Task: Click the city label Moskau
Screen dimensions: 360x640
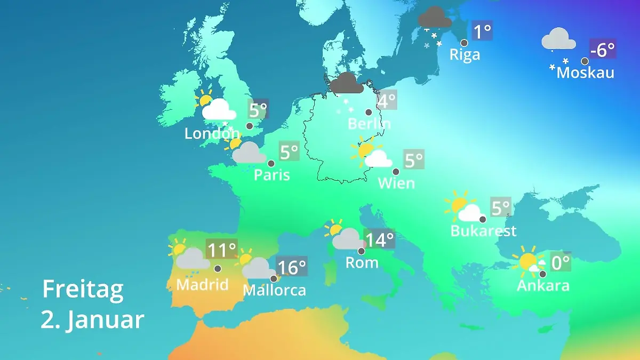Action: pyautogui.click(x=585, y=73)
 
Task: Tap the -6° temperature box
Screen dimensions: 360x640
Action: pyautogui.click(x=603, y=49)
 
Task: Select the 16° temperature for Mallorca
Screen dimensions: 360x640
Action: pyautogui.click(x=292, y=266)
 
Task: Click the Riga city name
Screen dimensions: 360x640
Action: pyautogui.click(x=465, y=54)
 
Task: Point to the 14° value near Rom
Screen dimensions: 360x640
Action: pyautogui.click(x=379, y=239)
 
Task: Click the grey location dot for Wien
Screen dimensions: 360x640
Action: pyautogui.click(x=396, y=172)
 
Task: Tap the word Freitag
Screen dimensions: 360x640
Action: pyautogui.click(x=83, y=289)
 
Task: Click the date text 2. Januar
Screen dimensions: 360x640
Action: pyautogui.click(x=92, y=320)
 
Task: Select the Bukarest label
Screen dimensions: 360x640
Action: pyautogui.click(x=483, y=231)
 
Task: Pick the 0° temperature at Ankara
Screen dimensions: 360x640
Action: pyautogui.click(x=560, y=262)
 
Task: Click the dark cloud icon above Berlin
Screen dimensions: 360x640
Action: pyautogui.click(x=347, y=83)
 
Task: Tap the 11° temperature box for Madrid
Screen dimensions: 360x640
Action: pyautogui.click(x=221, y=249)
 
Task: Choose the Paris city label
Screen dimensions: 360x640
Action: pyautogui.click(x=271, y=175)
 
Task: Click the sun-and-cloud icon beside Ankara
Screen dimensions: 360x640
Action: pyautogui.click(x=529, y=262)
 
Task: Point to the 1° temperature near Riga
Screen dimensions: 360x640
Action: pyautogui.click(x=482, y=31)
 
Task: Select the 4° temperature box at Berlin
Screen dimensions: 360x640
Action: pyautogui.click(x=387, y=100)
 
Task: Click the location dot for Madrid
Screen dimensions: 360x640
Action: pyautogui.click(x=218, y=268)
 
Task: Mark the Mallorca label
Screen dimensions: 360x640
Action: pyautogui.click(x=274, y=290)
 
